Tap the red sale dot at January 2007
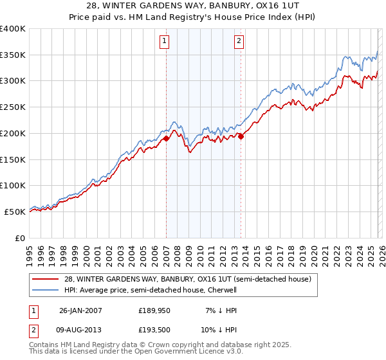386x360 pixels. (166, 138)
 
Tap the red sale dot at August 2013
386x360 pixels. (241, 136)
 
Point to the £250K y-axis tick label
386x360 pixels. (13, 107)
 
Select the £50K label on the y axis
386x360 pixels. (15, 212)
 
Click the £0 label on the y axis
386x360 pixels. (21, 238)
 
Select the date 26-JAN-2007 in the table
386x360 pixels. (80, 310)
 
